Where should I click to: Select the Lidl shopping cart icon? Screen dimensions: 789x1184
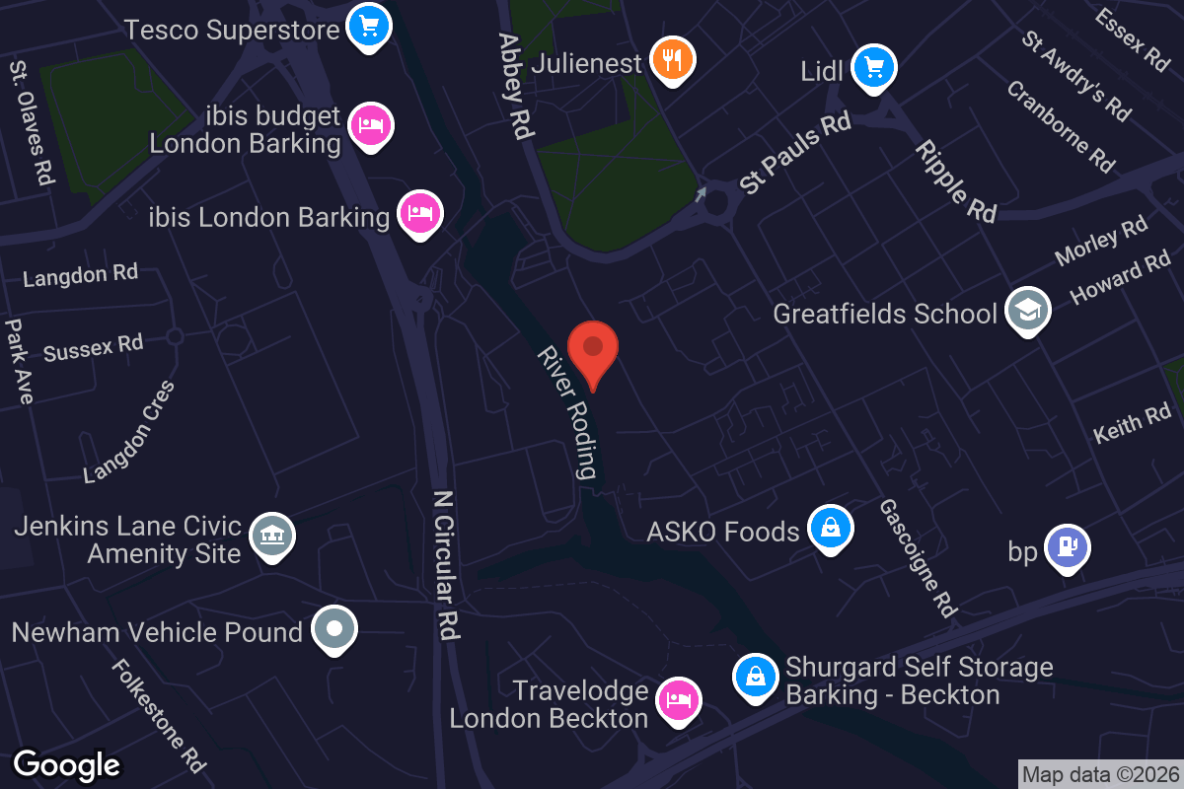pos(873,67)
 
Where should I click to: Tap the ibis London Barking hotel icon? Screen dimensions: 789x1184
pos(420,212)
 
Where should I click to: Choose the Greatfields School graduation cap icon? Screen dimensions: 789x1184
pos(1027,312)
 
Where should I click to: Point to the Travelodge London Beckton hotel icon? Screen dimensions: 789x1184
pos(677,700)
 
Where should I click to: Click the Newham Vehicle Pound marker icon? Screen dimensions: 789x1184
pos(333,628)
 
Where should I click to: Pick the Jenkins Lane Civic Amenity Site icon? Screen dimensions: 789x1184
pos(270,535)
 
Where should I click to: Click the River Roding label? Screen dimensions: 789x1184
pos(567,412)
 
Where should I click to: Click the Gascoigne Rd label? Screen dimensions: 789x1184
pos(919,557)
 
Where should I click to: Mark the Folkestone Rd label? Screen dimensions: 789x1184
pos(158,715)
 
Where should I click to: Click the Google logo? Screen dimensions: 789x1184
pos(67,764)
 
